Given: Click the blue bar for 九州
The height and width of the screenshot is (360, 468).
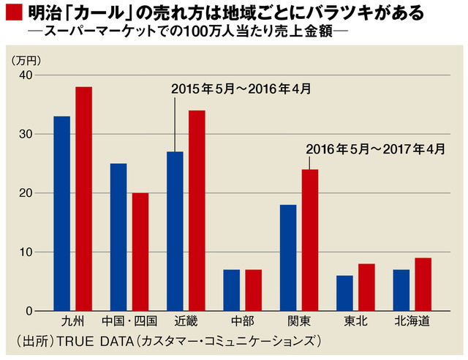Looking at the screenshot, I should [61, 214].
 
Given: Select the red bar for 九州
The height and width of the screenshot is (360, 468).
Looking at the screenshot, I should [84, 199].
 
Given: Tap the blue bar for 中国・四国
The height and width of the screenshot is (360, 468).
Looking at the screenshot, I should [118, 237].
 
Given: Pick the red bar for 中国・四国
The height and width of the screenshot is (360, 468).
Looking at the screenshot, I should [140, 252].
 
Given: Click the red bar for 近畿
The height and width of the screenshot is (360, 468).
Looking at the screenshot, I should [197, 211].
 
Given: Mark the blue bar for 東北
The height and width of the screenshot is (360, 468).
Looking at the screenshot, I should [344, 293].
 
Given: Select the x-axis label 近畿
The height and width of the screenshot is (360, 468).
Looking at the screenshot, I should [186, 322].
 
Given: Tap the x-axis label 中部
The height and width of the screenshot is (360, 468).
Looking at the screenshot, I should [242, 322].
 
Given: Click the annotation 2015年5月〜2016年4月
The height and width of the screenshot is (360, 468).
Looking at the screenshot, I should [241, 89].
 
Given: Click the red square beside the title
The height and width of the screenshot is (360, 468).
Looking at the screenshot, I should [13, 13].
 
